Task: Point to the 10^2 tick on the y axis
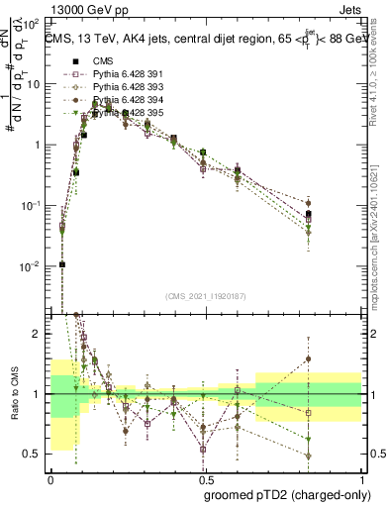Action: click(32, 23)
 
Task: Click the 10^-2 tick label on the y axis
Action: click(30, 266)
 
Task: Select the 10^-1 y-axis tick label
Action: click(30, 206)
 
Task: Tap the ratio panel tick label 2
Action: click(38, 335)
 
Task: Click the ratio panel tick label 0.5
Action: click(34, 454)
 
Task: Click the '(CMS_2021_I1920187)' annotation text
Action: click(206, 295)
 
